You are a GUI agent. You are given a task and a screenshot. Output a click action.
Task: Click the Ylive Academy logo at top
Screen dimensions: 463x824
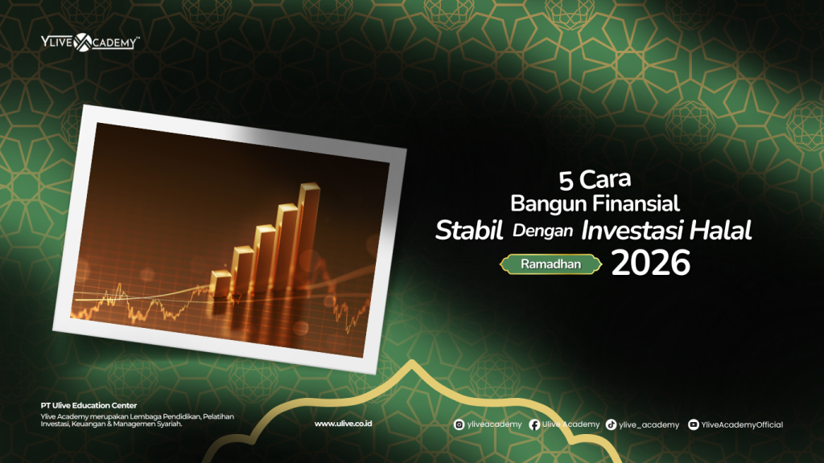click(89, 42)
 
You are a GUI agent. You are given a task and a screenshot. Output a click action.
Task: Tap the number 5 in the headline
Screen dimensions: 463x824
click(566, 177)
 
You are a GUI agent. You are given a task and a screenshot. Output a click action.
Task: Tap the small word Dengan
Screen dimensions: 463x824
click(542, 231)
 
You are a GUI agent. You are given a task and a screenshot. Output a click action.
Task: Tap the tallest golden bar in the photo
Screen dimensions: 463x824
click(310, 233)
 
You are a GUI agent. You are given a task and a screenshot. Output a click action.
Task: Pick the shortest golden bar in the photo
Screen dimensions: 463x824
click(220, 285)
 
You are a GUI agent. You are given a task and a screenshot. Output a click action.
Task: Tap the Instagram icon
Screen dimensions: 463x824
click(459, 424)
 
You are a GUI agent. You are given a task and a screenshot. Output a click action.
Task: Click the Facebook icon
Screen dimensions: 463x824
click(534, 424)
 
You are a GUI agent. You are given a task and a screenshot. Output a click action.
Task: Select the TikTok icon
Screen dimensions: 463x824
click(612, 424)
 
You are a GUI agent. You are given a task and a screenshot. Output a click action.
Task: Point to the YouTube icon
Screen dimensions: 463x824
click(693, 424)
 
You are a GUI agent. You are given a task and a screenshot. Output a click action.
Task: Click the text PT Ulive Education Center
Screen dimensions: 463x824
click(89, 405)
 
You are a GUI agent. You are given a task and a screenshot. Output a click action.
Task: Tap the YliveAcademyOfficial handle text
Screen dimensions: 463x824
click(742, 424)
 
